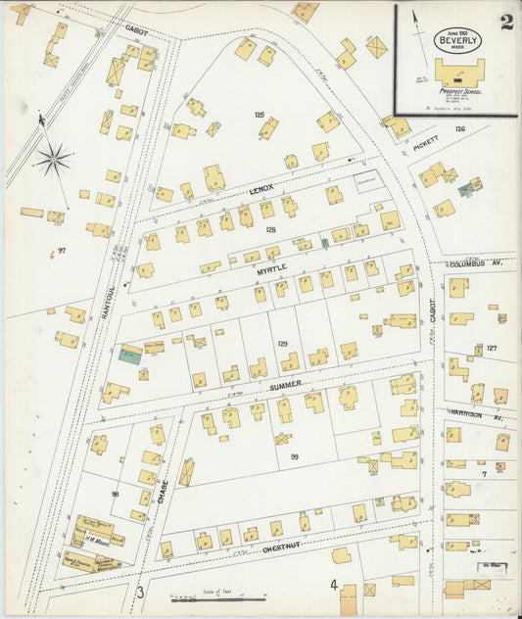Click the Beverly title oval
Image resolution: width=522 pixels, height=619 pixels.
tap(457, 40)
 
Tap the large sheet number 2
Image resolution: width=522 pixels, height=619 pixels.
tap(506, 23)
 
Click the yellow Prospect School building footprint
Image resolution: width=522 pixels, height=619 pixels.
tap(459, 71)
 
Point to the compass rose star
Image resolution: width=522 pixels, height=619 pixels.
tap(53, 158)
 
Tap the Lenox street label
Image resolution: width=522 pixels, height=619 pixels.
tap(261, 187)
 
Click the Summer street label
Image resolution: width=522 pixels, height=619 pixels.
tap(286, 387)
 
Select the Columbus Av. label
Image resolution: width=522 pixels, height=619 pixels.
tap(477, 263)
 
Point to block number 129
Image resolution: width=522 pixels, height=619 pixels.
tap(282, 344)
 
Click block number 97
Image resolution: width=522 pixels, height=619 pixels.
tap(61, 251)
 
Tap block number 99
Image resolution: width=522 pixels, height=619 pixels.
tap(294, 457)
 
